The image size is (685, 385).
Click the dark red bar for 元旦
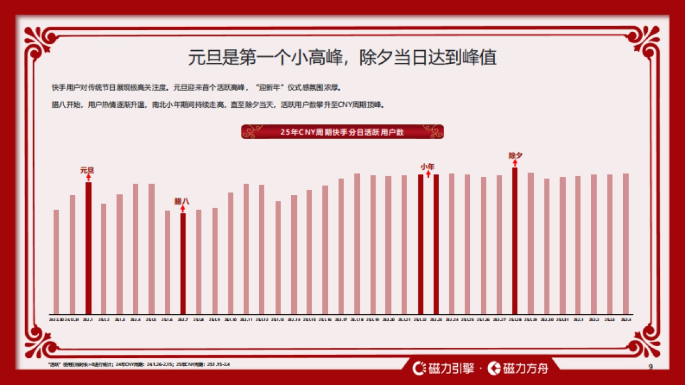(88, 248)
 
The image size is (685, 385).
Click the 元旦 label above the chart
(87, 169)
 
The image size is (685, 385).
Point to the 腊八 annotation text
(182, 201)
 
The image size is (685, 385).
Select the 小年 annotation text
(428, 167)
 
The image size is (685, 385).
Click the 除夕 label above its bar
(515, 155)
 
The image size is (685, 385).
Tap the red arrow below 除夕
(515, 163)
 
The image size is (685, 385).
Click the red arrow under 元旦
(88, 177)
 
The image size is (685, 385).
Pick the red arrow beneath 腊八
(183, 209)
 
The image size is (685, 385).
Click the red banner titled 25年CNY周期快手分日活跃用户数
(342, 132)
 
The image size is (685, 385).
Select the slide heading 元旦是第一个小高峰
(342, 58)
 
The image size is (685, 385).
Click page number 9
(651, 366)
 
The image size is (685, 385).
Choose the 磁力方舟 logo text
(519, 368)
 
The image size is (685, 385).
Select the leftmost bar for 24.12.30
(56, 262)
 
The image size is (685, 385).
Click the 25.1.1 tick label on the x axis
(88, 320)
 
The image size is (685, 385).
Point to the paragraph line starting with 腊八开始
(217, 105)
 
